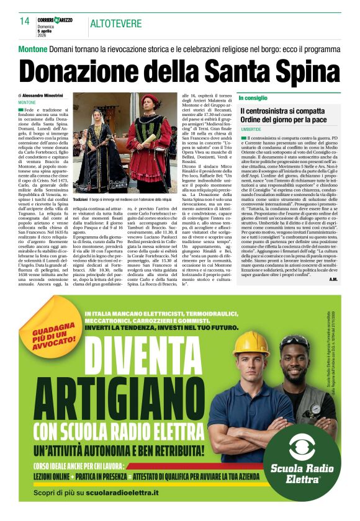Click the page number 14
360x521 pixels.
[24, 21]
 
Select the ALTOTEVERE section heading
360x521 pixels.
[115, 24]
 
